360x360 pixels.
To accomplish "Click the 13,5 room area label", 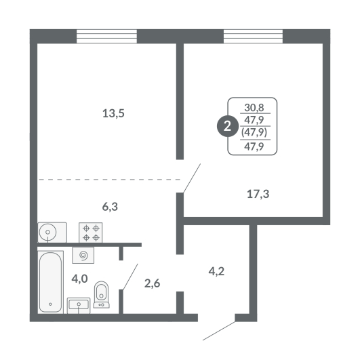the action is coord(113,113).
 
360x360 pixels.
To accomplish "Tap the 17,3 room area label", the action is coord(258,194).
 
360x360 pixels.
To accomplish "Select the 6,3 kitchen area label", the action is coord(110,207).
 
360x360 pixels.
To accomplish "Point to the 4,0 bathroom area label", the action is coord(80,279).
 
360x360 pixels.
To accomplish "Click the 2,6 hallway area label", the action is coord(153,283).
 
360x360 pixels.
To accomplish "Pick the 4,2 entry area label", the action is coord(216,271).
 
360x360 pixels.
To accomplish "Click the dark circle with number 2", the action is coord(227,126).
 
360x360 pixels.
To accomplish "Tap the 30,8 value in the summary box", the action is coord(254,107).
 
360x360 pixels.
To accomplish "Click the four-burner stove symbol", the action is coord(91,233).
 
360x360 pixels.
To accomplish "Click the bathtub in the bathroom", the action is coord(51,282).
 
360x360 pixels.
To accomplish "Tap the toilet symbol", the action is coord(101,294).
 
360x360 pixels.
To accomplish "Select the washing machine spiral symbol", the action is coord(83,255).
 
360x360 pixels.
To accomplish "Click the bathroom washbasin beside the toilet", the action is coord(79,305).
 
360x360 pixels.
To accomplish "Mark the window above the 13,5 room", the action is coord(106,37).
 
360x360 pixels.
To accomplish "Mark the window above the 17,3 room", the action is coord(254,37).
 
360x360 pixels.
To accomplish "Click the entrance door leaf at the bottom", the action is coord(219,331).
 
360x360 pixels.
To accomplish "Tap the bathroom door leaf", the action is coord(130,277).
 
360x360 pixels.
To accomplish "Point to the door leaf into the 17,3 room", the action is coord(192,178).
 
